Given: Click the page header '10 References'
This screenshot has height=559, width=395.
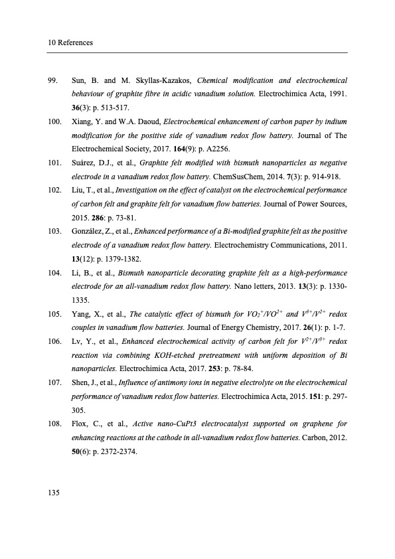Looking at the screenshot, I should click(x=70, y=43).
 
